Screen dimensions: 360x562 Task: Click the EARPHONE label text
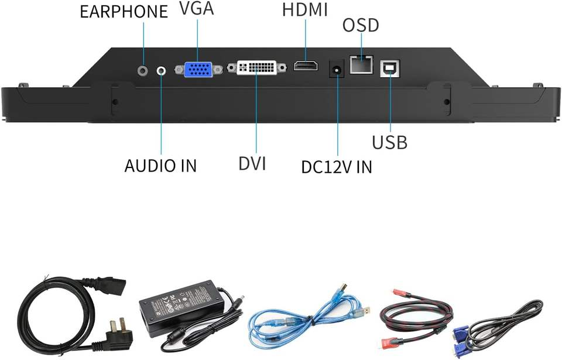coord(124,11)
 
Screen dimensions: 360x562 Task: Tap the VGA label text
coord(197,9)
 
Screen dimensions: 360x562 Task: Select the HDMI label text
coord(305,10)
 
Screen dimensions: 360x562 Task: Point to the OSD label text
coord(360,26)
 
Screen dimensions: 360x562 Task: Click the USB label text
coord(390,142)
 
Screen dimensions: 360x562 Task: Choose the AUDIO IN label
coord(160,166)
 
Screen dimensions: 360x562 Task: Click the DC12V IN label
coord(337,167)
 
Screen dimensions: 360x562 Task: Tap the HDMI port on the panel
coord(306,67)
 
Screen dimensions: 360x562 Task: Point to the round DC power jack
coord(337,68)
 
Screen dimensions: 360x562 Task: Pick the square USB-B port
coord(389,68)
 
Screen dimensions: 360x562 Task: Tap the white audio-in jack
coord(162,70)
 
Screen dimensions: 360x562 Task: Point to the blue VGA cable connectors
coord(462,339)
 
